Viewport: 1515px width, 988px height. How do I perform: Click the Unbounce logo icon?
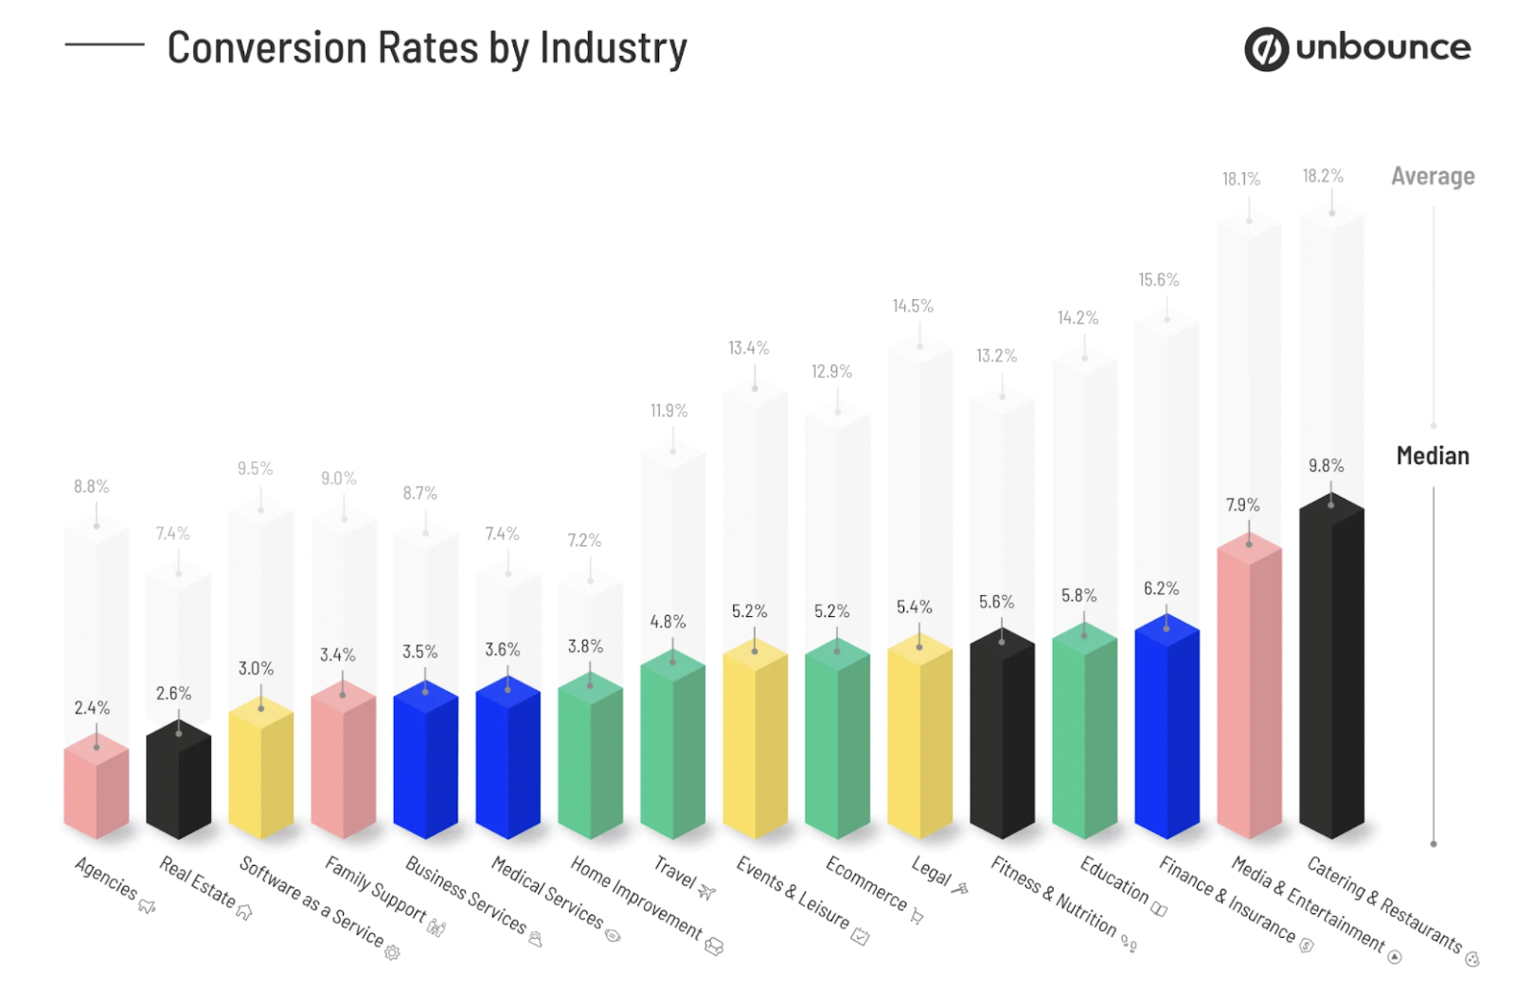click(1265, 49)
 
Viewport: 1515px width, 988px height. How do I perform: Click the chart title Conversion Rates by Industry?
click(427, 48)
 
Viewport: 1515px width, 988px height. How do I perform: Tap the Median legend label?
click(1432, 456)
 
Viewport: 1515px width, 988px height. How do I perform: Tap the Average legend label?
click(1432, 177)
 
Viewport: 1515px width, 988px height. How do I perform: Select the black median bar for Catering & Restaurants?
click(1331, 672)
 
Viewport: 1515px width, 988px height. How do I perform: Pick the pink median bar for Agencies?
click(96, 790)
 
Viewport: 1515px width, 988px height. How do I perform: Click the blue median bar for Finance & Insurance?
click(1167, 729)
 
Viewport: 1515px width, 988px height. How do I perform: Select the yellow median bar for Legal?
click(919, 738)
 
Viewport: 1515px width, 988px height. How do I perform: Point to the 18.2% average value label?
click(1322, 176)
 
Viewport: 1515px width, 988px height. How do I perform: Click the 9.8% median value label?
click(1326, 466)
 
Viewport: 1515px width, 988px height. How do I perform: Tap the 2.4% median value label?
click(92, 708)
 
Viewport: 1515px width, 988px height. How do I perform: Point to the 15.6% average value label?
click(1158, 280)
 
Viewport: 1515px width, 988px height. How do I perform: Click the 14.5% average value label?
click(912, 307)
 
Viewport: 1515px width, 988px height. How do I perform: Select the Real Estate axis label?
click(197, 881)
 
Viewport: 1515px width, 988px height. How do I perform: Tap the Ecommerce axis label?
click(865, 883)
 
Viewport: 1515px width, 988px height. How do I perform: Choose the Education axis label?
click(1114, 880)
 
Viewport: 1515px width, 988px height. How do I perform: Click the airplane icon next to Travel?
click(707, 891)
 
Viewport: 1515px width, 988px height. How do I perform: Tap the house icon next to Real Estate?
click(244, 912)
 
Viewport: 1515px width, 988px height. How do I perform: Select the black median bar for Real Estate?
click(178, 781)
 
